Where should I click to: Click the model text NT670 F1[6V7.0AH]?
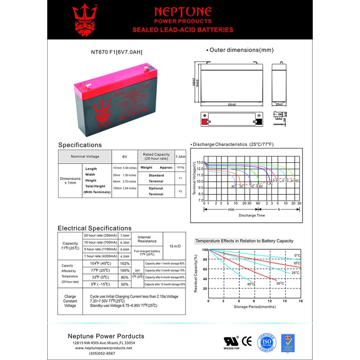(x=117, y=52)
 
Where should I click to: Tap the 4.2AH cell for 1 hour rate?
(x=125, y=256)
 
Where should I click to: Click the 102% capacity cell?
(x=125, y=263)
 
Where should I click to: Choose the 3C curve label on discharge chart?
(x=233, y=186)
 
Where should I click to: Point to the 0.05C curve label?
(x=295, y=180)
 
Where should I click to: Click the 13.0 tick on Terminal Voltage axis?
(x=200, y=162)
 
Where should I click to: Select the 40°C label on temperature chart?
(x=251, y=284)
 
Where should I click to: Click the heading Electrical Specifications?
(x=94, y=228)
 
